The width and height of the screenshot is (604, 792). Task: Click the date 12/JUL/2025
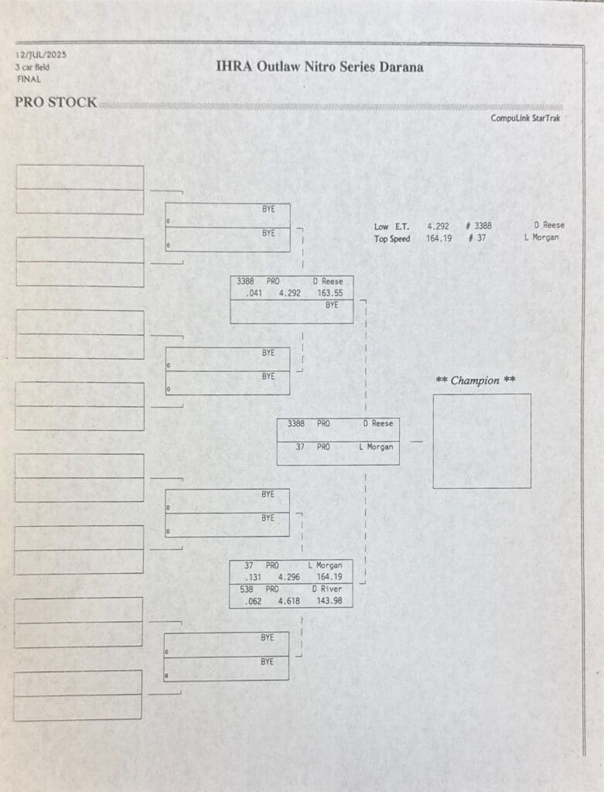41,55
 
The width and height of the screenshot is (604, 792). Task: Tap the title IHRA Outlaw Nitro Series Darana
319,67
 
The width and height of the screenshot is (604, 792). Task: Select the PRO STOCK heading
56,102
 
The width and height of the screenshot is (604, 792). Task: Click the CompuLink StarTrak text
525,118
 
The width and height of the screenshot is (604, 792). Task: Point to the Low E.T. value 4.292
438,227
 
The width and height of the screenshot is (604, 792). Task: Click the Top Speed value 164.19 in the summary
438,238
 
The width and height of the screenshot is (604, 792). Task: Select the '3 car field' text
32,67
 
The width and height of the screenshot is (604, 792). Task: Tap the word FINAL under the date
29,80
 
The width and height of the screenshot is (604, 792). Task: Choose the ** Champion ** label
476,381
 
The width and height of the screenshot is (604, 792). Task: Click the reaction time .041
254,293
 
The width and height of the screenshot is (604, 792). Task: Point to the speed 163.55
329,293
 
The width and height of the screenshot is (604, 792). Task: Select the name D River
326,589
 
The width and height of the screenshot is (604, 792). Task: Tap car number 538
247,589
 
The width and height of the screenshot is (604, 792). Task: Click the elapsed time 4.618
289,601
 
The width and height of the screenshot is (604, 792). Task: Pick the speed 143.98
329,601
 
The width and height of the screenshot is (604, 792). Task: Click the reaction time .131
253,577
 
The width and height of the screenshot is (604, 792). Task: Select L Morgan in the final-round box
376,447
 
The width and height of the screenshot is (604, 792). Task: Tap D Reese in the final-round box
377,423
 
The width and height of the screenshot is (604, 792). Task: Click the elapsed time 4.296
289,577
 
